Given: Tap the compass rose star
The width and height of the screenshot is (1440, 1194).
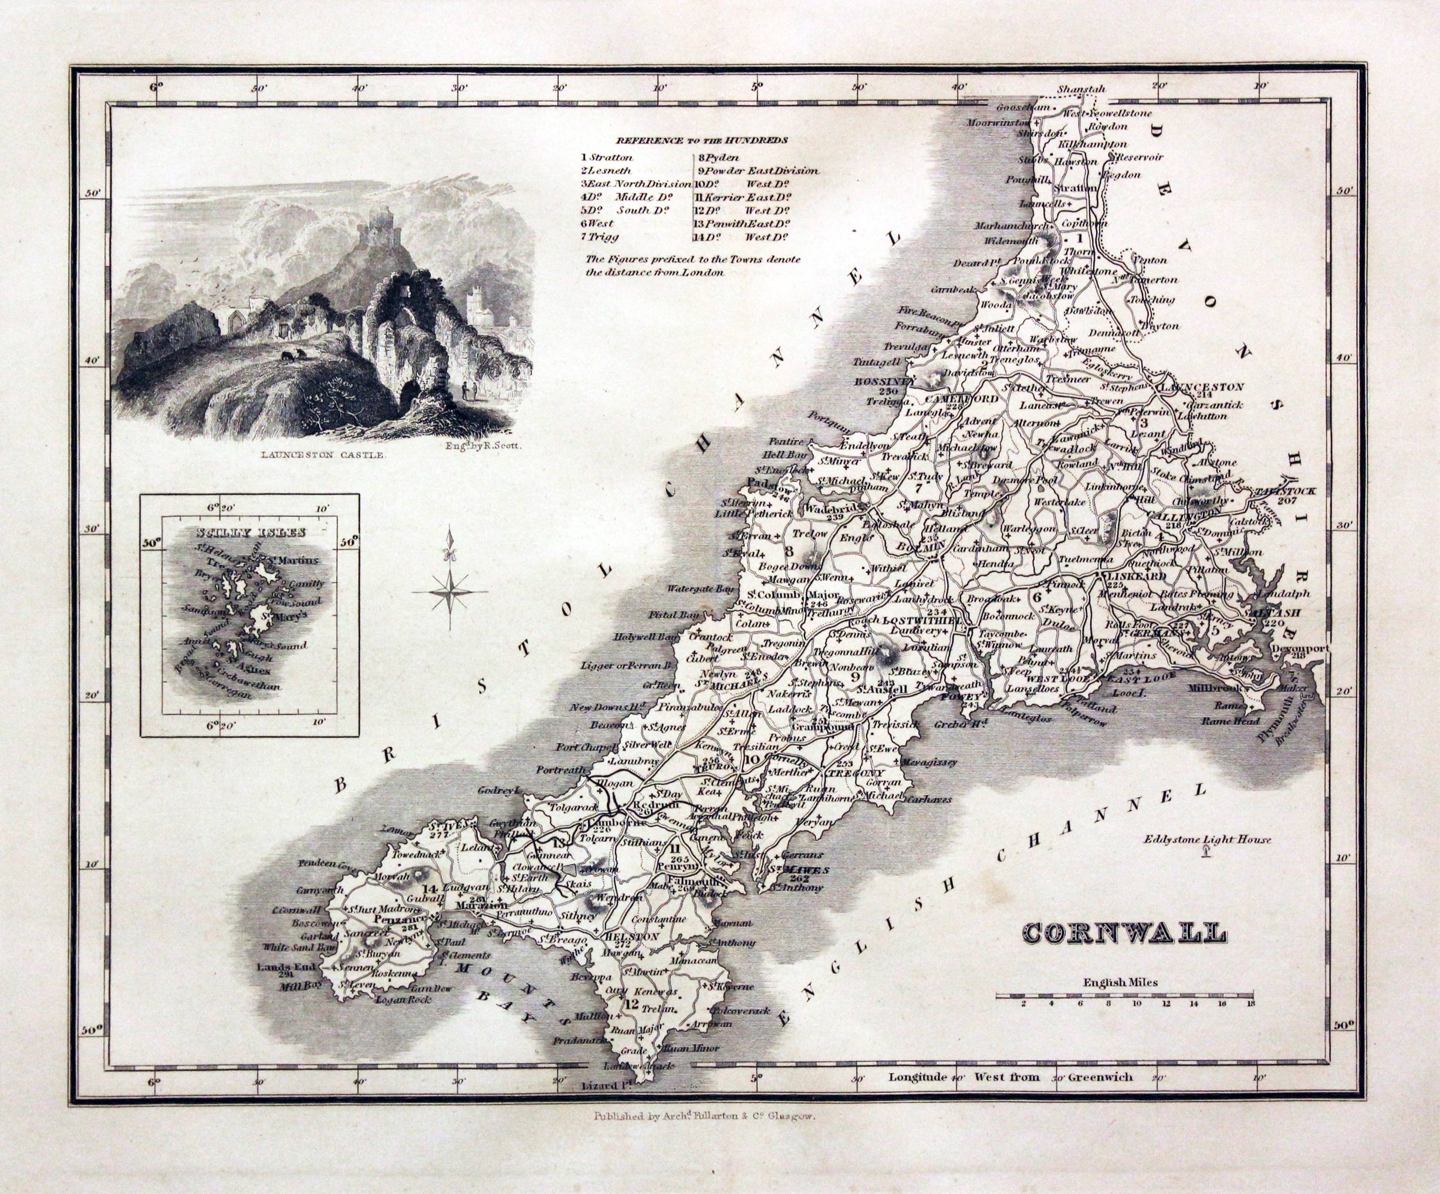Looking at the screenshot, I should [451, 591].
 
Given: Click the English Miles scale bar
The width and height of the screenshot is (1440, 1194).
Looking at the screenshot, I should [1124, 994].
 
